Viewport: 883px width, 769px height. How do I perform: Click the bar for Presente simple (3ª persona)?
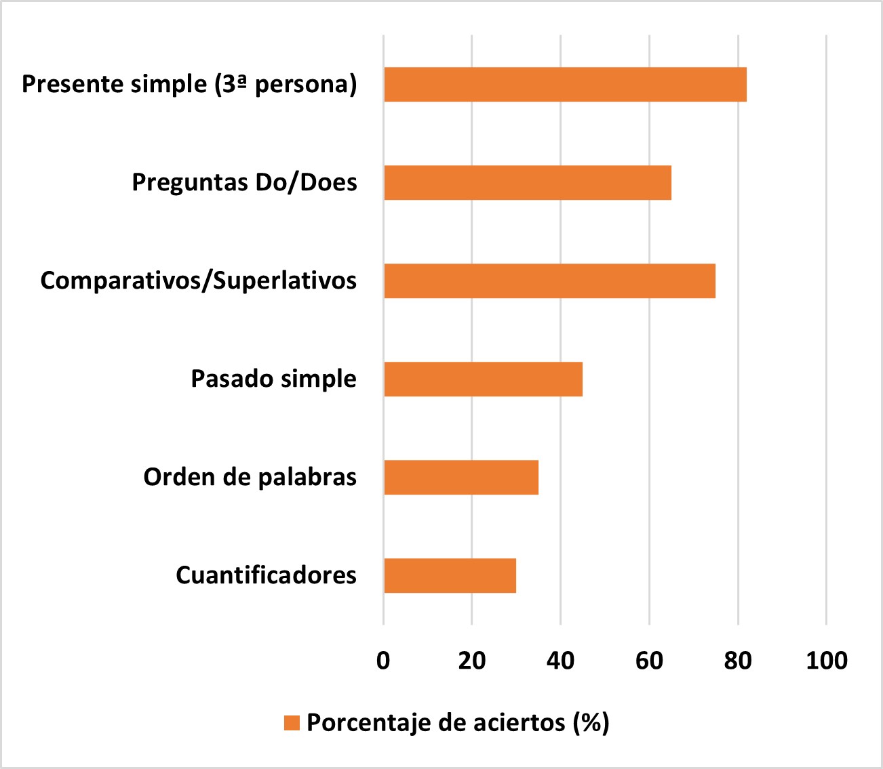point(565,85)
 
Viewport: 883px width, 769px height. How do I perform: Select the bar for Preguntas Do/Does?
point(528,183)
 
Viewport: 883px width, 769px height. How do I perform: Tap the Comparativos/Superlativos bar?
point(549,281)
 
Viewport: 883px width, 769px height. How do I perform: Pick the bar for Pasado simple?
point(483,379)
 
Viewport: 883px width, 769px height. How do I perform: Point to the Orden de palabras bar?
point(461,478)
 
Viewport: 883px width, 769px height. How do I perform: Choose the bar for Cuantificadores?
point(450,576)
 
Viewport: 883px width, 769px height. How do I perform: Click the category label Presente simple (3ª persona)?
point(189,85)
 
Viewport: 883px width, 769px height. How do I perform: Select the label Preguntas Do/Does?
point(244,183)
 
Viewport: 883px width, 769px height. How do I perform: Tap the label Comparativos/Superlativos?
point(198,281)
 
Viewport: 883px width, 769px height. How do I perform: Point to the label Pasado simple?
point(273,379)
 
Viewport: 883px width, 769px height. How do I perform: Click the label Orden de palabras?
point(250,478)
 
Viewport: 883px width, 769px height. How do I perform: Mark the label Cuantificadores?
point(266,576)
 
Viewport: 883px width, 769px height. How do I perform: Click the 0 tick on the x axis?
point(383,661)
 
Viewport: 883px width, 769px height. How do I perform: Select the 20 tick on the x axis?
point(472,661)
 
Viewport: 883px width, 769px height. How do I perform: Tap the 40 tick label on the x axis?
point(560,661)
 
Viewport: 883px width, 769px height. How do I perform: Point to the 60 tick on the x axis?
point(649,661)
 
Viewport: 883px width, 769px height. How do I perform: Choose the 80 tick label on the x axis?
point(738,661)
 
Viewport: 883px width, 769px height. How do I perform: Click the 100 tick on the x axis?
point(826,661)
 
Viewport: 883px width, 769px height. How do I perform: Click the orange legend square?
point(292,723)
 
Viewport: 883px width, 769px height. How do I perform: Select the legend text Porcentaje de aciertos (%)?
point(458,723)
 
